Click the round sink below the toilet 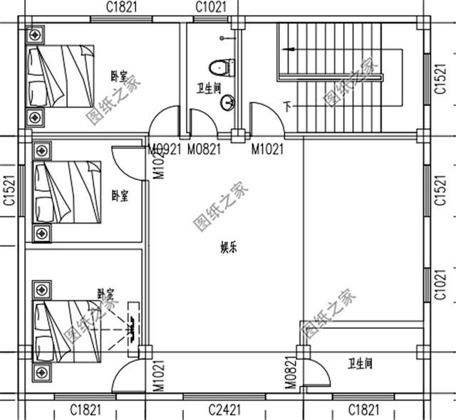(227, 105)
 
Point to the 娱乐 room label (228, 248)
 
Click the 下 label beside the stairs (286, 107)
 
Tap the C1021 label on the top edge (211, 7)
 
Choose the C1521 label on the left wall (9, 191)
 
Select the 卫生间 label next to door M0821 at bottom (360, 364)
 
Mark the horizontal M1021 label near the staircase (267, 149)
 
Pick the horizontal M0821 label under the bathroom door (204, 149)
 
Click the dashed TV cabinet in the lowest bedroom (135, 327)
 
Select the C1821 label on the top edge (122, 7)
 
